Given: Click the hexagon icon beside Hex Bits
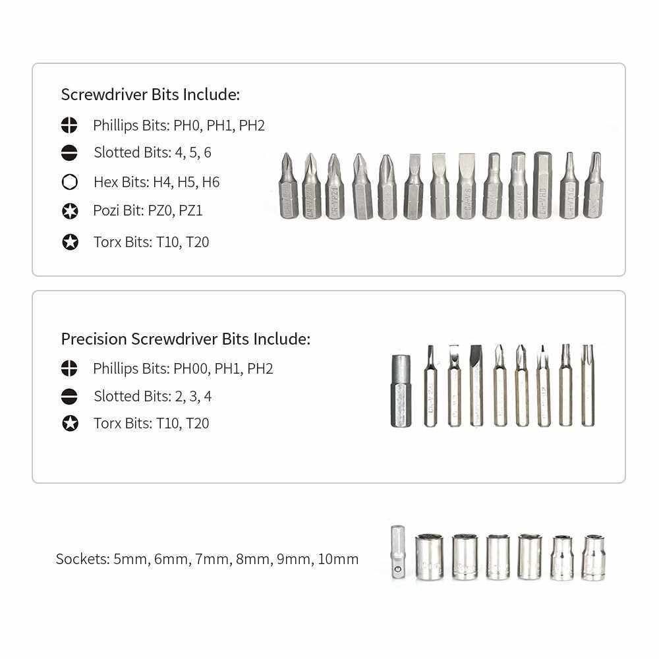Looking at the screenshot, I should pos(70,182).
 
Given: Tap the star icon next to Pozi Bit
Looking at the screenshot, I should pos(70,212).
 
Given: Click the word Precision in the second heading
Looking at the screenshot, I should pos(94,339).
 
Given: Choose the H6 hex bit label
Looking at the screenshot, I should pos(211,182).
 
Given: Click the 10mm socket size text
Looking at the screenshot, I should pos(338,559).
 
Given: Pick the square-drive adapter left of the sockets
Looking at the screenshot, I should pos(397,552).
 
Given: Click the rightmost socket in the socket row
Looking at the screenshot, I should pos(594,558).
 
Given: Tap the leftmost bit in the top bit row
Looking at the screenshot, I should pos(288,186).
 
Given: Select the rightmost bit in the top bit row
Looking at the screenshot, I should pos(594,186).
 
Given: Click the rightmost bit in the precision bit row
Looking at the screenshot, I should pos(587,385).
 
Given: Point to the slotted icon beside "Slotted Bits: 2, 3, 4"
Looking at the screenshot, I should pos(70,396).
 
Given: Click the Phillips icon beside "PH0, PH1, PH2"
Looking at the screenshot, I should pos(70,125).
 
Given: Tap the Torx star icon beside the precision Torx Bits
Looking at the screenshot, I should pos(70,423).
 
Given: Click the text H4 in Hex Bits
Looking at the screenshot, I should pos(161,182).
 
